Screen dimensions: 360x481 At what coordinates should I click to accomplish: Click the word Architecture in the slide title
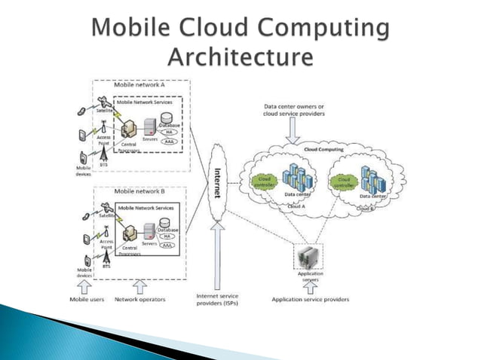coord(240,56)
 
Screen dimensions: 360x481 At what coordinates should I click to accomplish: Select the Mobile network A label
coord(140,85)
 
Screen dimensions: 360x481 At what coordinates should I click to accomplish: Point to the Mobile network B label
coord(140,191)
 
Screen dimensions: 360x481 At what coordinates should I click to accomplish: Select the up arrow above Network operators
coord(139,287)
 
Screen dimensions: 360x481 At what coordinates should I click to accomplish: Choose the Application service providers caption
coord(311,300)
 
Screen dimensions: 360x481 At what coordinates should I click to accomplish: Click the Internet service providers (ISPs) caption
coord(218,300)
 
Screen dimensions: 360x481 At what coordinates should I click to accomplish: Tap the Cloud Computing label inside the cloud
coord(323,150)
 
